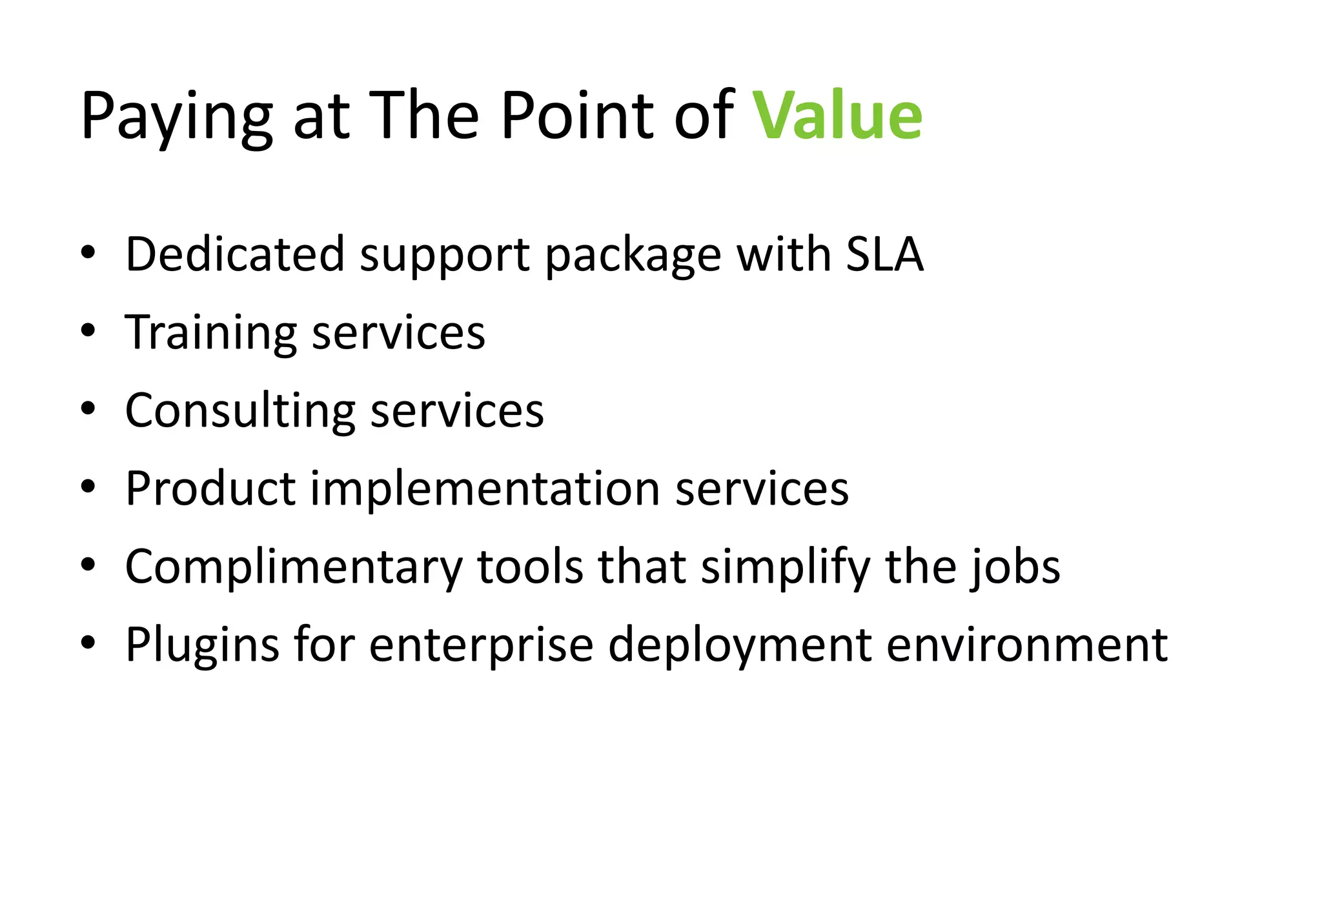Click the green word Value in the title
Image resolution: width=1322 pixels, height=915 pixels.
click(x=837, y=116)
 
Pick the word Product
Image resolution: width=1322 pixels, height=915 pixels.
click(x=210, y=488)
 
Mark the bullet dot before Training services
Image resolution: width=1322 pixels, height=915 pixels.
click(x=88, y=331)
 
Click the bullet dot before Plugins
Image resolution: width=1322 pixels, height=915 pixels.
click(x=88, y=643)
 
